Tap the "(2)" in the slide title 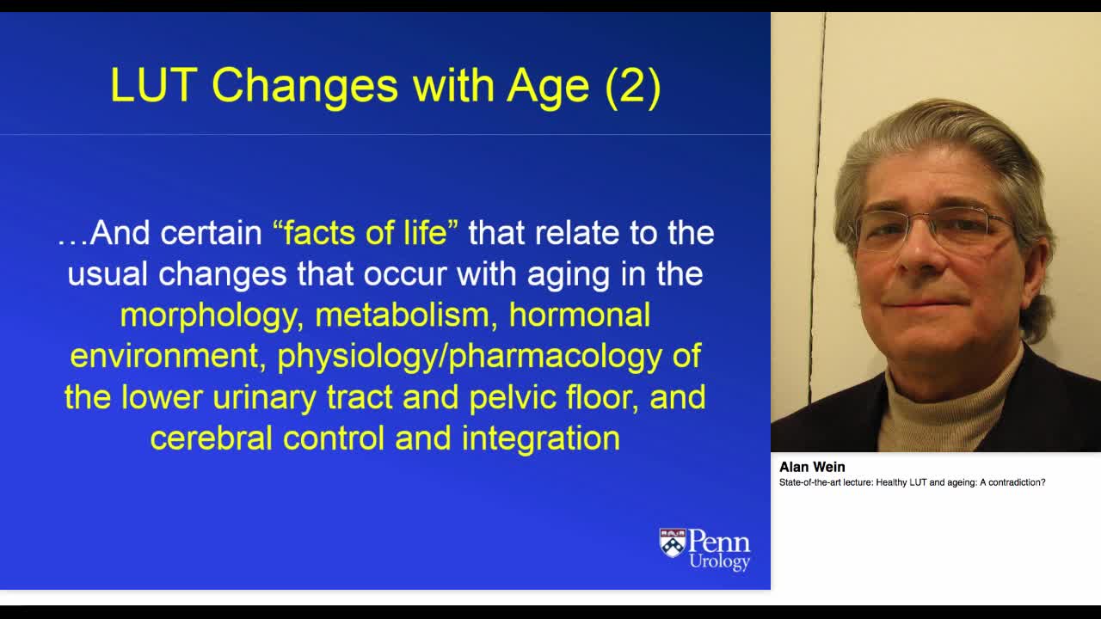633,85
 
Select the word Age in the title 548,85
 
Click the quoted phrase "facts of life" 366,233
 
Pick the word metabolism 407,316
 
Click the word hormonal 579,316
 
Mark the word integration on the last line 541,438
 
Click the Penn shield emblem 673,543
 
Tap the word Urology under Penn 719,562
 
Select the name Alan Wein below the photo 812,467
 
